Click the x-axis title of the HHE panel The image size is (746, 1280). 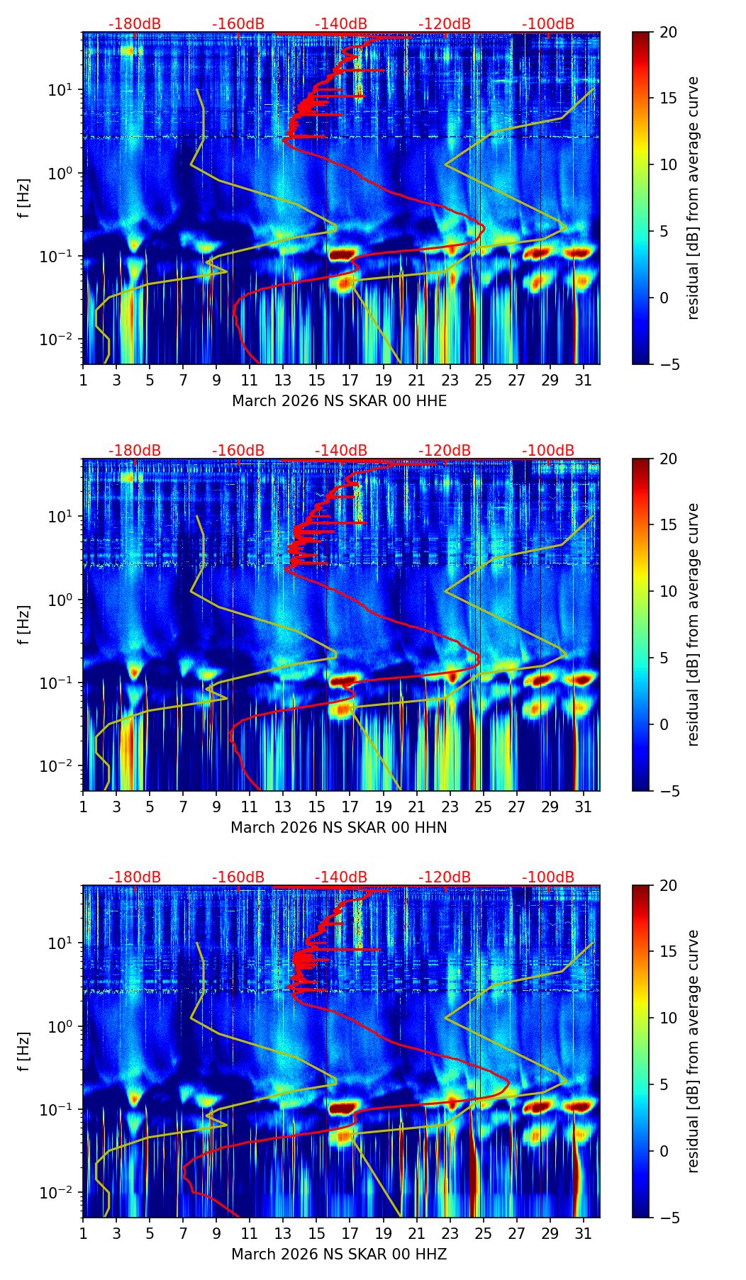coord(339,401)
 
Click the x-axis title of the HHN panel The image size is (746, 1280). coord(339,828)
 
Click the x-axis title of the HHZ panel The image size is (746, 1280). coord(339,1254)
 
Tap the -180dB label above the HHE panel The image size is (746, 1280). coord(135,24)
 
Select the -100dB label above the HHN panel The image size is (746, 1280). coord(548,451)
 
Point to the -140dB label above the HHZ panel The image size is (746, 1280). coord(341,877)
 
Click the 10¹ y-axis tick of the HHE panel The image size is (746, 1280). coord(63,90)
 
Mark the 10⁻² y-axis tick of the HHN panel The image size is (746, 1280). coord(60,766)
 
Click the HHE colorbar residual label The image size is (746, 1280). coord(694,198)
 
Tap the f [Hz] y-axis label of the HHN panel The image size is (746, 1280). coord(24,624)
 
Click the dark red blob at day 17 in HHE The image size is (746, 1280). coord(341,254)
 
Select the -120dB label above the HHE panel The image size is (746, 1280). coord(445,24)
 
